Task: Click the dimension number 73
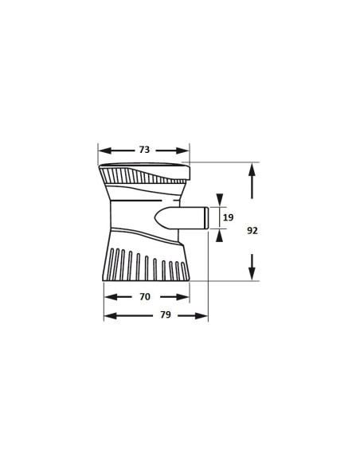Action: click(x=144, y=150)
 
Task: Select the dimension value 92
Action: click(x=252, y=230)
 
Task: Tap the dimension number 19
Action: click(x=229, y=217)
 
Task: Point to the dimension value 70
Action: click(x=144, y=297)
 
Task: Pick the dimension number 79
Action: click(x=166, y=315)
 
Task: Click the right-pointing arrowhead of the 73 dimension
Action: click(x=185, y=150)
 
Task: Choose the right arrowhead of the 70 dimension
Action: click(x=185, y=297)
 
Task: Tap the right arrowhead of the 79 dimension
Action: click(x=203, y=315)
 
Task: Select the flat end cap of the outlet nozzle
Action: click(x=205, y=218)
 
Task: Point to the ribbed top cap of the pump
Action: click(x=143, y=173)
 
